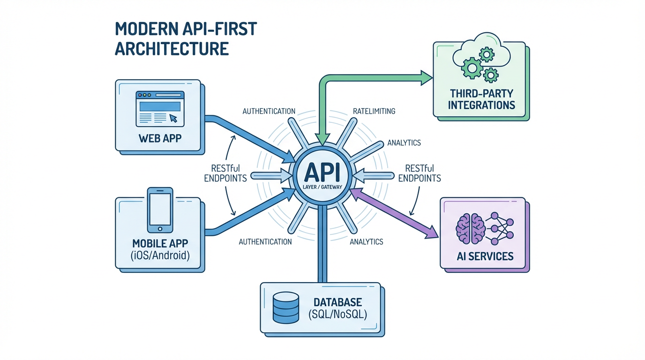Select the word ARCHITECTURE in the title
pyautogui.click(x=172, y=49)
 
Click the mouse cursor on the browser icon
pyautogui.click(x=173, y=118)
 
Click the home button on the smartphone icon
pyautogui.click(x=160, y=229)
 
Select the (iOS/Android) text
pyautogui.click(x=160, y=255)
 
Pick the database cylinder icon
pyautogui.click(x=285, y=307)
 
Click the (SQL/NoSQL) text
pyautogui.click(x=337, y=314)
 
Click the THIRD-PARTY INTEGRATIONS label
pyautogui.click(x=481, y=98)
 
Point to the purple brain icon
pyautogui.click(x=470, y=228)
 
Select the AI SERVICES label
pyautogui.click(x=485, y=256)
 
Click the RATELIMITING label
pyautogui.click(x=373, y=111)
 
